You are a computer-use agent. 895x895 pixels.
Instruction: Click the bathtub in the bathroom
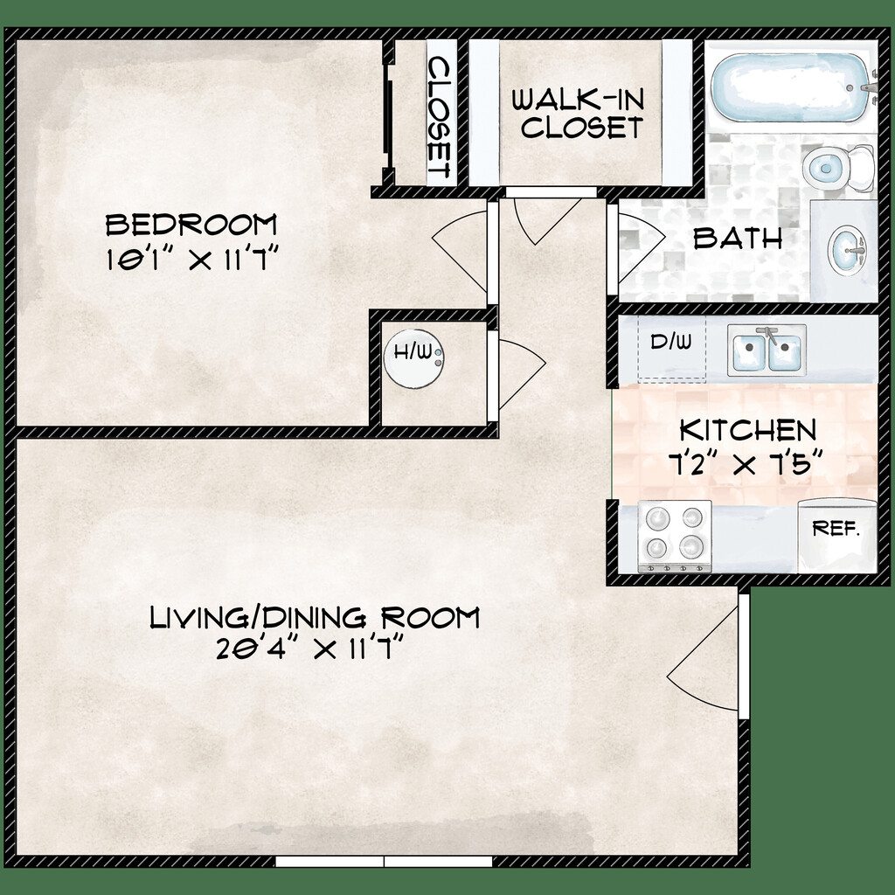pyautogui.click(x=791, y=87)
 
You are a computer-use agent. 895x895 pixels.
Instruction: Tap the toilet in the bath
pyautogui.click(x=837, y=169)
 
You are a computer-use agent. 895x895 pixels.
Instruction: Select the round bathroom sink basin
pyautogui.click(x=848, y=251)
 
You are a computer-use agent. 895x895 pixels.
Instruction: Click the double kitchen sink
pyautogui.click(x=767, y=350)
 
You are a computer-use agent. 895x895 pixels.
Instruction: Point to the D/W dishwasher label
pyautogui.click(x=670, y=342)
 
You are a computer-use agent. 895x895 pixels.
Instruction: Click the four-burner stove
pyautogui.click(x=675, y=537)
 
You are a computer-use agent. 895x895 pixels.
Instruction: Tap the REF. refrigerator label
pyautogui.click(x=836, y=529)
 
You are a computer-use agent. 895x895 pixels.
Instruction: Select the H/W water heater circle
pyautogui.click(x=413, y=359)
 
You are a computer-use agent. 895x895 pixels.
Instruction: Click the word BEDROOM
pyautogui.click(x=191, y=225)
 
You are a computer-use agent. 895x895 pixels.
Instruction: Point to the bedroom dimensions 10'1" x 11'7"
pyautogui.click(x=191, y=260)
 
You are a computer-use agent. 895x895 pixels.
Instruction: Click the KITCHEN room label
pyautogui.click(x=748, y=430)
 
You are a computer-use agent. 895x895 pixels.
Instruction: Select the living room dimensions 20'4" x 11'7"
pyautogui.click(x=310, y=649)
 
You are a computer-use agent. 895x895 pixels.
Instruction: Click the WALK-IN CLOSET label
pyautogui.click(x=579, y=114)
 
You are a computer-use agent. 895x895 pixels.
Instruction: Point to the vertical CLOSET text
pyautogui.click(x=440, y=117)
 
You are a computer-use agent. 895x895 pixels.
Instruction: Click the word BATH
pyautogui.click(x=738, y=239)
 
